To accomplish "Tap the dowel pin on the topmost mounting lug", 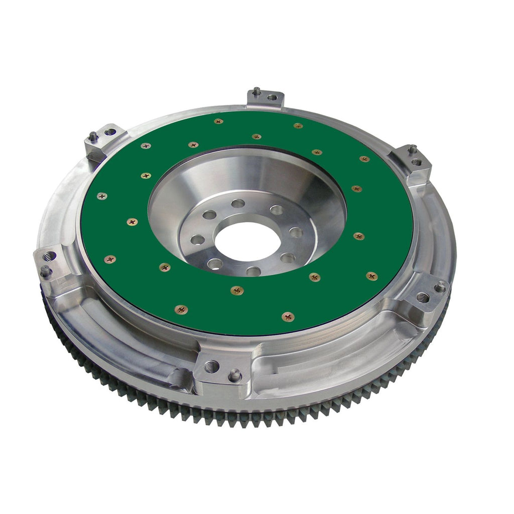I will pos(256,91).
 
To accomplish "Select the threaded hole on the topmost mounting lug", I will pos(272,97).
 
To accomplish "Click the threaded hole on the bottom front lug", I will pos(212,366).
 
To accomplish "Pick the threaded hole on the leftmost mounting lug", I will pos(49,256).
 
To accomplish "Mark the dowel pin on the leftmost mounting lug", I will pos(45,271).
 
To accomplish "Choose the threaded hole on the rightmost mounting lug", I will pos(423,297).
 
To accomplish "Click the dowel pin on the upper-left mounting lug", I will pos(93,136).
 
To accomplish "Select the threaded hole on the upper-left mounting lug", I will pos(109,132).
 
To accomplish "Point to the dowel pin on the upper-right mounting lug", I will pos(412,149).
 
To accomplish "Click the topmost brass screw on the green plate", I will pos(218,121).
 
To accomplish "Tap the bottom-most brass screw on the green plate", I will pos(288,316).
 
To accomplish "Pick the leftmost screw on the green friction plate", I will pos(102,196).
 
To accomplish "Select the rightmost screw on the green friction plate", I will pos(371,276).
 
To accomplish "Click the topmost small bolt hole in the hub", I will pos(238,203).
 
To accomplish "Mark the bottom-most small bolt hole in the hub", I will pos(253,271).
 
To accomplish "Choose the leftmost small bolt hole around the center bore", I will pos(198,239).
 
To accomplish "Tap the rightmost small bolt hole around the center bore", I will pos(296,232).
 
